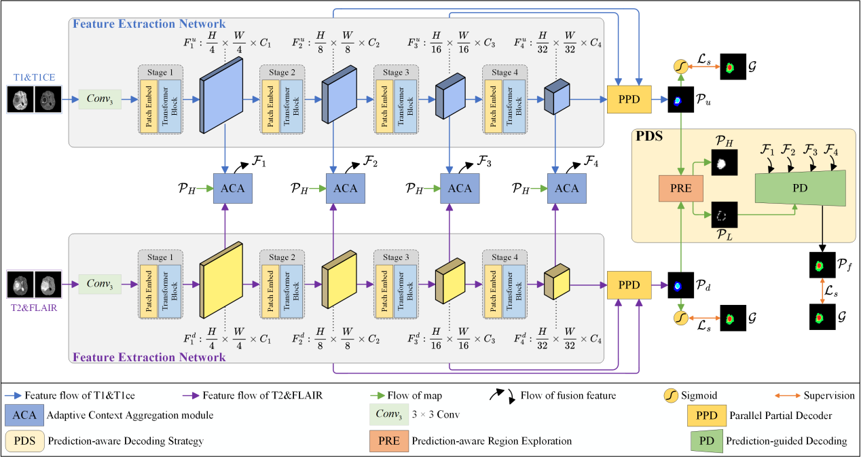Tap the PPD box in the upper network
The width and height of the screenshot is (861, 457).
click(629, 99)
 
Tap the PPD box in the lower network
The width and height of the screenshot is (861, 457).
click(629, 285)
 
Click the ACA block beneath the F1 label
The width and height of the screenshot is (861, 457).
click(233, 188)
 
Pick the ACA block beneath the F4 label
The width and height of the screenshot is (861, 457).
click(566, 188)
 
